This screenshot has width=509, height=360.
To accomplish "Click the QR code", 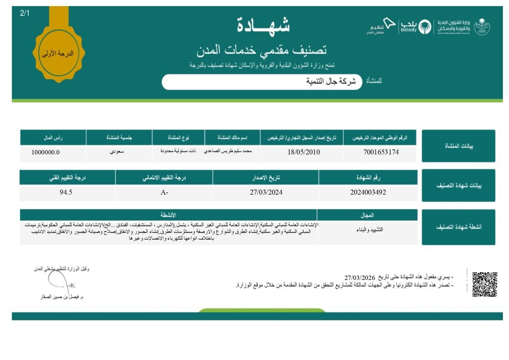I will point(485,284).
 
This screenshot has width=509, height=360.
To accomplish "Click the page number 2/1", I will point(25,13).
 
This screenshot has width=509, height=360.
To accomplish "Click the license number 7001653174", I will point(381,152).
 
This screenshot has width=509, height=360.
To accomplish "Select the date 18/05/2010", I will point(304,152).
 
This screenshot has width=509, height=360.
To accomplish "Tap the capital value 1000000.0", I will point(46,152).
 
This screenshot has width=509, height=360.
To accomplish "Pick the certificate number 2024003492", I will point(368,192).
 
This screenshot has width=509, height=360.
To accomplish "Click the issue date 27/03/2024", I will point(266,192).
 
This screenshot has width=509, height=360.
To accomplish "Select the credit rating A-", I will point(164,192).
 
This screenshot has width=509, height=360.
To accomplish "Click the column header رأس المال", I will point(53,138).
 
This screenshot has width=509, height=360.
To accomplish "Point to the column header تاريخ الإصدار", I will point(266,178).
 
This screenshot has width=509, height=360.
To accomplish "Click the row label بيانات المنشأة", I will point(458,146).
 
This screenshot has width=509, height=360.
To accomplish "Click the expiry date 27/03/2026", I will point(360,278).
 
